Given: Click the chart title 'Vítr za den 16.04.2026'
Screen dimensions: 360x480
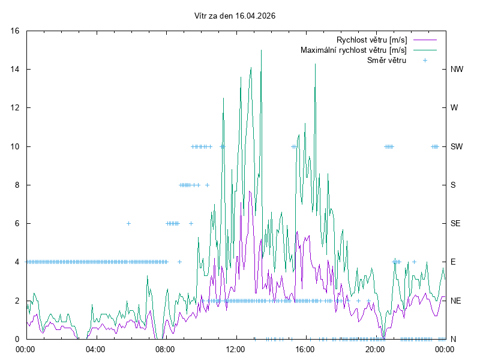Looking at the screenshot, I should (235, 16).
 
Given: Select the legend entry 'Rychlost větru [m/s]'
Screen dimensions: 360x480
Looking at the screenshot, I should (371, 40).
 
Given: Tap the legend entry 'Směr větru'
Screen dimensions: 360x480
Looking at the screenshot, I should (386, 60).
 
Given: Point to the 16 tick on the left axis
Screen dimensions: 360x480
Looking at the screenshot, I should (16, 31).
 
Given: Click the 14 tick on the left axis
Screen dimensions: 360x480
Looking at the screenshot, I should (16, 70).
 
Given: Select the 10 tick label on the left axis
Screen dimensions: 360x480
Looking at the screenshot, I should (16, 146).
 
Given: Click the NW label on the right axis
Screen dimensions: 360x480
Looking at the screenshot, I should (457, 70).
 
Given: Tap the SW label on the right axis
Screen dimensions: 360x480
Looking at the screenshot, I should (457, 146).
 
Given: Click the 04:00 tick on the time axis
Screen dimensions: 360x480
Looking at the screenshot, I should (95, 349).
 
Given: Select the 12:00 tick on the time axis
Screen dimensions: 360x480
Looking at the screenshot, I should (235, 349).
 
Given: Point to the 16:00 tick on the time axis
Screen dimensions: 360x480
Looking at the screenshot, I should (305, 349).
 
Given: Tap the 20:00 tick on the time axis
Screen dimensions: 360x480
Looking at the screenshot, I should (375, 349).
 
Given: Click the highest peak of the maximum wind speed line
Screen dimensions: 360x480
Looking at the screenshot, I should (261, 50).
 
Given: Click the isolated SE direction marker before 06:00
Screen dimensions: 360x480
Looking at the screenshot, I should (128, 223).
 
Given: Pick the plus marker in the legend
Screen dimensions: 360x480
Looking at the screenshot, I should (425, 60).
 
